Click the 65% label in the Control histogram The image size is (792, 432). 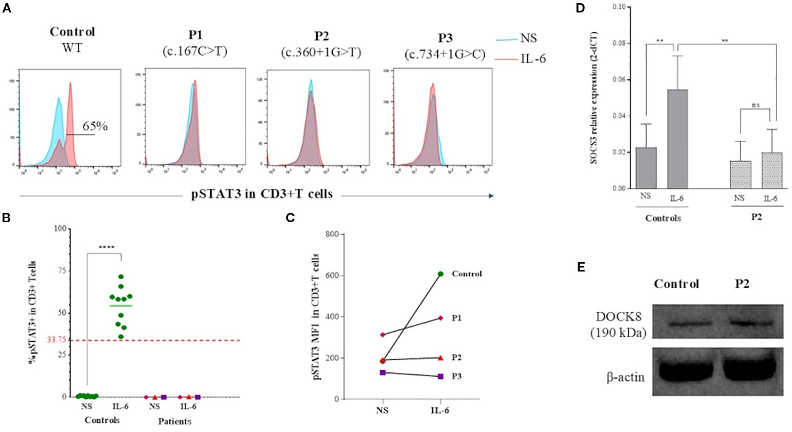coord(95,126)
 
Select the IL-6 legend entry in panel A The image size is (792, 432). coord(533,59)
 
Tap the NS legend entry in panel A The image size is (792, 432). coord(528,39)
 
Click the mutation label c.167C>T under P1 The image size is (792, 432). coord(195,51)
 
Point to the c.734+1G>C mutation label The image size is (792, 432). coord(445,54)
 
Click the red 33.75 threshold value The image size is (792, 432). coord(57,340)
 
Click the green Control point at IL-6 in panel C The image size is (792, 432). coord(440,274)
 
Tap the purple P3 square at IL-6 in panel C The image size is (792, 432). coord(440,376)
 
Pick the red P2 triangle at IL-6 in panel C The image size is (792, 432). coord(440,358)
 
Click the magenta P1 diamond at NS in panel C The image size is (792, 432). coord(383,335)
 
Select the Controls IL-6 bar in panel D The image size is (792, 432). coord(677,139)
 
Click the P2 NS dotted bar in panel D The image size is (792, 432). coord(740,175)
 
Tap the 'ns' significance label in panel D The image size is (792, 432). coord(756,105)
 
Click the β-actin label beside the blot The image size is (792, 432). coord(625,377)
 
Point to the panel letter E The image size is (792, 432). coord(581,267)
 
